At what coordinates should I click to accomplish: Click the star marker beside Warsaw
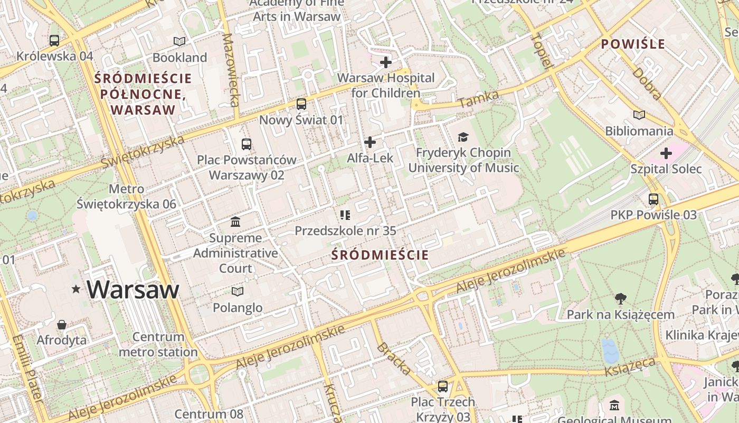tap(77, 289)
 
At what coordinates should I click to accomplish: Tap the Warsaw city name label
tap(133, 290)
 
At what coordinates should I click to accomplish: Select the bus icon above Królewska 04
tap(54, 40)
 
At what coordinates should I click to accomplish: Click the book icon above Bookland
tap(179, 41)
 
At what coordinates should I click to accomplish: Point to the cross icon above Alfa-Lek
tap(370, 142)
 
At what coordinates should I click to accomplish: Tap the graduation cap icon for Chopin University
tap(463, 137)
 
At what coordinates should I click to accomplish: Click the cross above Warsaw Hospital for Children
tap(386, 62)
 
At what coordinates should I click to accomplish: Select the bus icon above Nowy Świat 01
tap(301, 104)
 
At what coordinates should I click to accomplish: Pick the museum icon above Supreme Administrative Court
tap(235, 222)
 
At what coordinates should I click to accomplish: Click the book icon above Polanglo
tap(238, 291)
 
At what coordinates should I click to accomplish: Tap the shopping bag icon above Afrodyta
tap(62, 324)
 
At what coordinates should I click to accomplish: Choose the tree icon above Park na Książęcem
tap(621, 299)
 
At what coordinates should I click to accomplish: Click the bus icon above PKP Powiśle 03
tap(653, 199)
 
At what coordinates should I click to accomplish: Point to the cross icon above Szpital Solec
tap(666, 153)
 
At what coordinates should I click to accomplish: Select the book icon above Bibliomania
tap(639, 115)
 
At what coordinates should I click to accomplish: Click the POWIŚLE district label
tap(633, 44)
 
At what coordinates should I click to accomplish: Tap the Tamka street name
tap(478, 99)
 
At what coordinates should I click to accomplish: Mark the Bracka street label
tap(393, 358)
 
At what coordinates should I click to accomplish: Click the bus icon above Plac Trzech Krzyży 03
tap(443, 387)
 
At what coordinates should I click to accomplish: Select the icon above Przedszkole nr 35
tap(345, 215)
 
